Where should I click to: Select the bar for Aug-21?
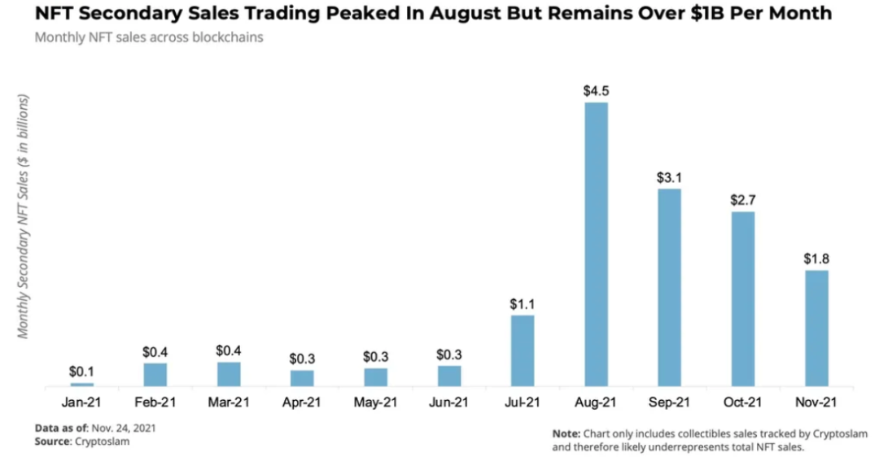click(x=596, y=244)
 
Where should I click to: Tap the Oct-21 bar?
click(x=742, y=298)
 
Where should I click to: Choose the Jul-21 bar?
click(x=523, y=350)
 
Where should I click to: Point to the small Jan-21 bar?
click(x=82, y=384)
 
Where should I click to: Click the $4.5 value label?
click(x=596, y=91)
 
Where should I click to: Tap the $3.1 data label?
click(x=669, y=177)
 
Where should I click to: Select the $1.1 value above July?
click(x=523, y=304)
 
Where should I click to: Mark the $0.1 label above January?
click(x=82, y=372)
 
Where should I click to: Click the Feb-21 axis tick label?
click(x=155, y=401)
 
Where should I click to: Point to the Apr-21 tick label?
click(x=302, y=401)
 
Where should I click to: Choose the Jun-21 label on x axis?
click(x=448, y=401)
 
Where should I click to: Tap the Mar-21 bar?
click(x=229, y=374)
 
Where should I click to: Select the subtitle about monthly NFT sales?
click(x=149, y=37)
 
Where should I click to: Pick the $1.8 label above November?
click(x=816, y=259)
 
